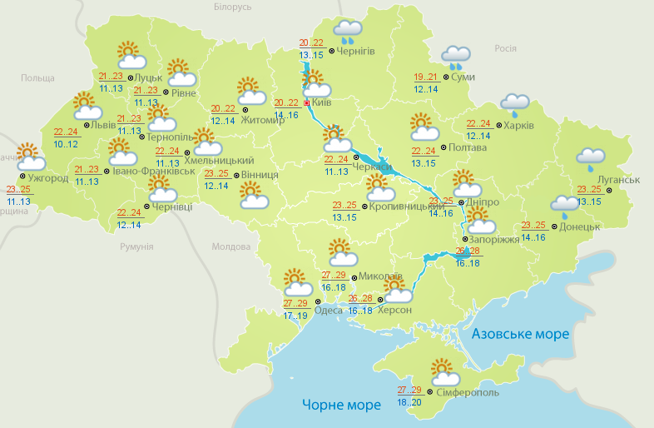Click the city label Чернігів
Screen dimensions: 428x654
(x=356, y=51)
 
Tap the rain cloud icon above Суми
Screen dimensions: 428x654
(x=455, y=57)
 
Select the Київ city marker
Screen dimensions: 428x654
(x=306, y=103)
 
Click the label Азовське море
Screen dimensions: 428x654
(x=520, y=334)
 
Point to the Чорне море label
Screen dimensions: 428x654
(x=342, y=405)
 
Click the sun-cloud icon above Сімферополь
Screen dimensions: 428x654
(x=442, y=370)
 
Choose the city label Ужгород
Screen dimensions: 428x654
(x=47, y=178)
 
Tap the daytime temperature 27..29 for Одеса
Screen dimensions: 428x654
(x=295, y=303)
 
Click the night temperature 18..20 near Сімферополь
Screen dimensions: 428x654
(x=409, y=401)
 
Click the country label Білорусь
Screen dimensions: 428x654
(x=232, y=7)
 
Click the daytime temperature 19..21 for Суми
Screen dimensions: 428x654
(x=426, y=77)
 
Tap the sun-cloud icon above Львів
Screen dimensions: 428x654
(x=87, y=106)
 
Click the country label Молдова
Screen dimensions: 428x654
(x=231, y=247)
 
